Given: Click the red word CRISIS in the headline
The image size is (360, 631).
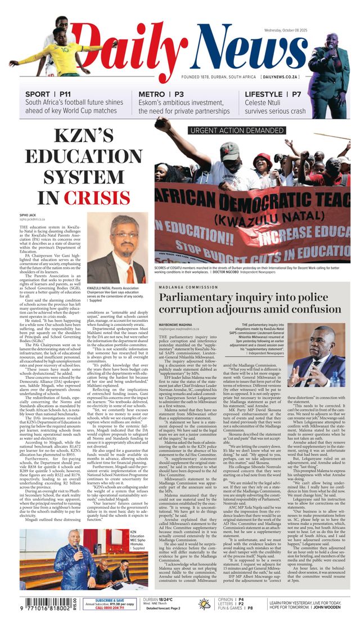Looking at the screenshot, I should tap(105, 198).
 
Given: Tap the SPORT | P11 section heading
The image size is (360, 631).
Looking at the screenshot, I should tap(48, 94).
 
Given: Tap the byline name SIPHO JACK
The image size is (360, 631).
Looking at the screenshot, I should tap(29, 215).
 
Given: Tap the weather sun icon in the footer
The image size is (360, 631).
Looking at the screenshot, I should tap(205, 604).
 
